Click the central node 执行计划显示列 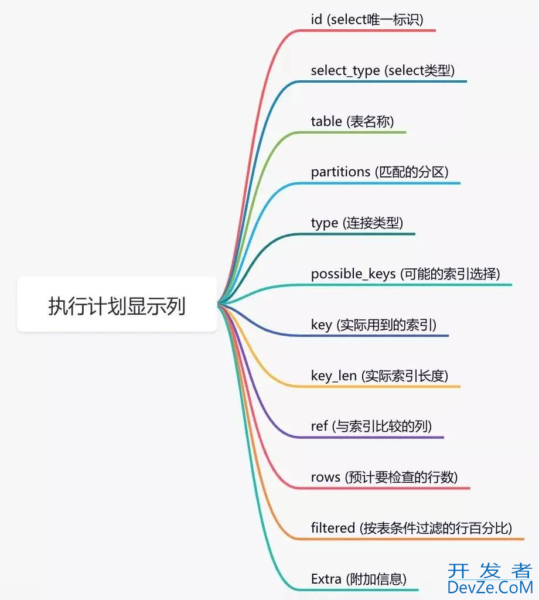click(117, 305)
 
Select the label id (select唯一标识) click(367, 20)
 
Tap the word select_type click(345, 71)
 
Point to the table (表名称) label click(352, 121)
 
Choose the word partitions click(340, 172)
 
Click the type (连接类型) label click(357, 223)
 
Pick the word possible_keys click(353, 274)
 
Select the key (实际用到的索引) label click(373, 325)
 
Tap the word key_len click(333, 376)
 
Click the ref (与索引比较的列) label click(371, 427)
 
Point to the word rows click(325, 478)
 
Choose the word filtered click(333, 529)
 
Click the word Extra click(326, 579)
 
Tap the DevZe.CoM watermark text click(490, 587)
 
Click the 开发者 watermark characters click(490, 571)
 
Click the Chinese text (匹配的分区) click(412, 172)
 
